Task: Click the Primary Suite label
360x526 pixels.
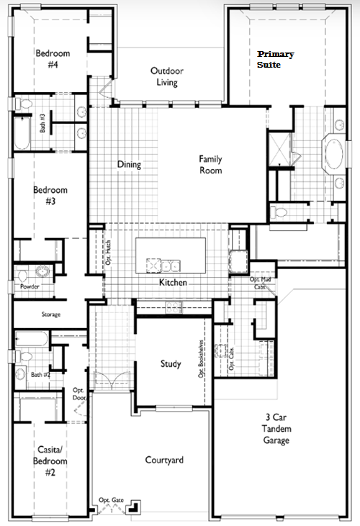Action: (275, 60)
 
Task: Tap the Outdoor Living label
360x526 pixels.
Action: (167, 76)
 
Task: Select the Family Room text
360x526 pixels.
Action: (211, 164)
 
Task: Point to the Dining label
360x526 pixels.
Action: (129, 164)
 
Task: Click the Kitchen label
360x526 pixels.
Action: (173, 283)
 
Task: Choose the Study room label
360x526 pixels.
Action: (171, 364)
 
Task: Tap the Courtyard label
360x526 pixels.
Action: (164, 460)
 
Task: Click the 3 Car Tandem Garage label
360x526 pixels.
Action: (276, 429)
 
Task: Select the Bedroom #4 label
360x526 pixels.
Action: (53, 58)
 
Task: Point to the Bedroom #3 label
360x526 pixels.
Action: (50, 195)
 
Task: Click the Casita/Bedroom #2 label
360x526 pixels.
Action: (50, 461)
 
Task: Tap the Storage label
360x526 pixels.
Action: (51, 314)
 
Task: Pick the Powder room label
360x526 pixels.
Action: (30, 286)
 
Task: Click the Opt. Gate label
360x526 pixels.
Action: (111, 500)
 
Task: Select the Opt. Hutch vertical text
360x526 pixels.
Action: (108, 253)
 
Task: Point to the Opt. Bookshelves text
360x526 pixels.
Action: (201, 359)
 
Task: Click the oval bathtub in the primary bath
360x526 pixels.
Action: (334, 154)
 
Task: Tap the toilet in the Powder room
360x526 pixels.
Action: (22, 276)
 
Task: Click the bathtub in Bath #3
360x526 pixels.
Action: (22, 133)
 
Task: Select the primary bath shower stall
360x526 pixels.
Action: (279, 149)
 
